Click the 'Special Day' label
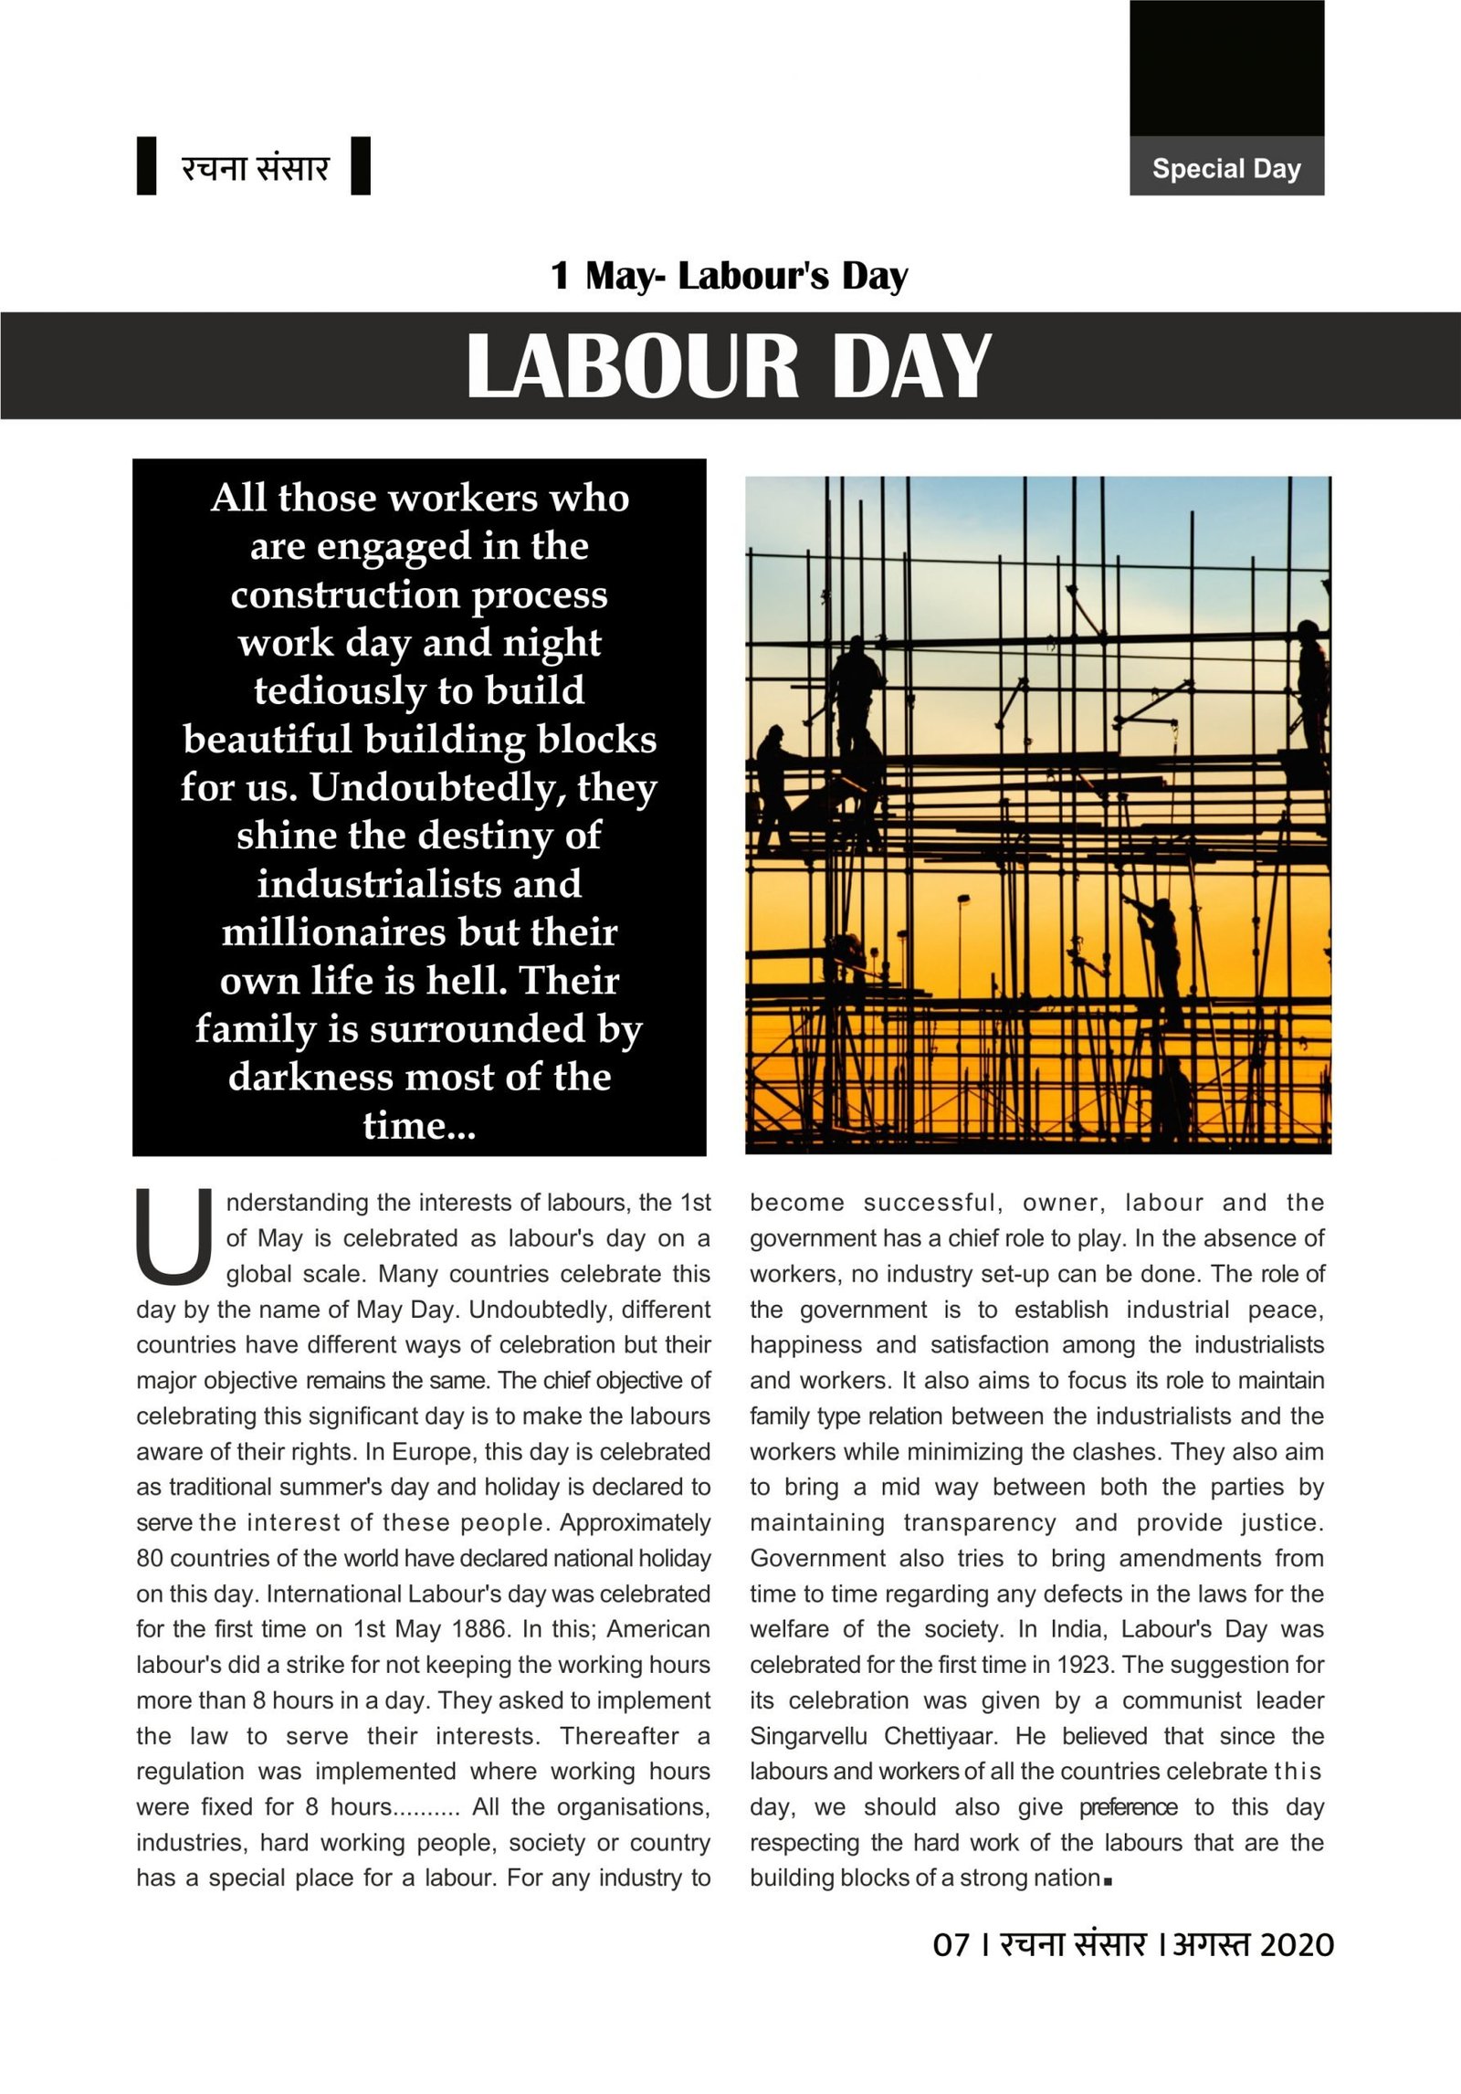tap(1226, 169)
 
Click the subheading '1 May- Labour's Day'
tap(729, 276)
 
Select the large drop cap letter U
tap(173, 1236)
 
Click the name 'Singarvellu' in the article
tap(808, 1736)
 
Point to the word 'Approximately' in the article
tap(636, 1522)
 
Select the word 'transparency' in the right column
tap(980, 1522)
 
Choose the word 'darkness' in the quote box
tap(311, 1077)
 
